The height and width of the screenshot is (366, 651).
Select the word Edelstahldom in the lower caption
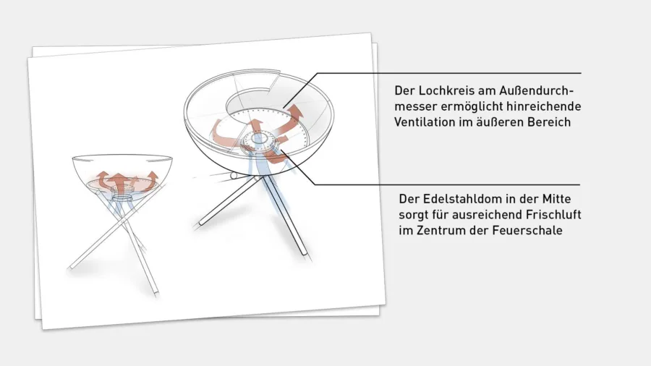coord(459,198)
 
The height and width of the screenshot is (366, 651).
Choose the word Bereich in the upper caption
coord(549,122)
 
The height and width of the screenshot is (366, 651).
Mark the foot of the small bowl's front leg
coord(153,289)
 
